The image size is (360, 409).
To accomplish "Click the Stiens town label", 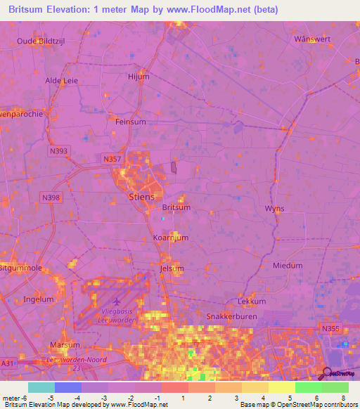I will [141, 197].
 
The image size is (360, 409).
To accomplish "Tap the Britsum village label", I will [176, 207].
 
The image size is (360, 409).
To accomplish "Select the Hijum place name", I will [139, 77].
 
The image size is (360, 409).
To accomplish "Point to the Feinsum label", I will [130, 122].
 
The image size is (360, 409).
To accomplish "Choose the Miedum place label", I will [287, 266].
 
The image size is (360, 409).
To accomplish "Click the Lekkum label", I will [252, 301].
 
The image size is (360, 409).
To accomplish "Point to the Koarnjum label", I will [171, 238].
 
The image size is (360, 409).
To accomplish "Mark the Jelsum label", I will [172, 268].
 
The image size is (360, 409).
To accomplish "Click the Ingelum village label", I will [38, 299].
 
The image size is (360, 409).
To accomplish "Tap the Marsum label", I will [65, 345].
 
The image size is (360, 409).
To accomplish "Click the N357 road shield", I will [111, 160].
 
